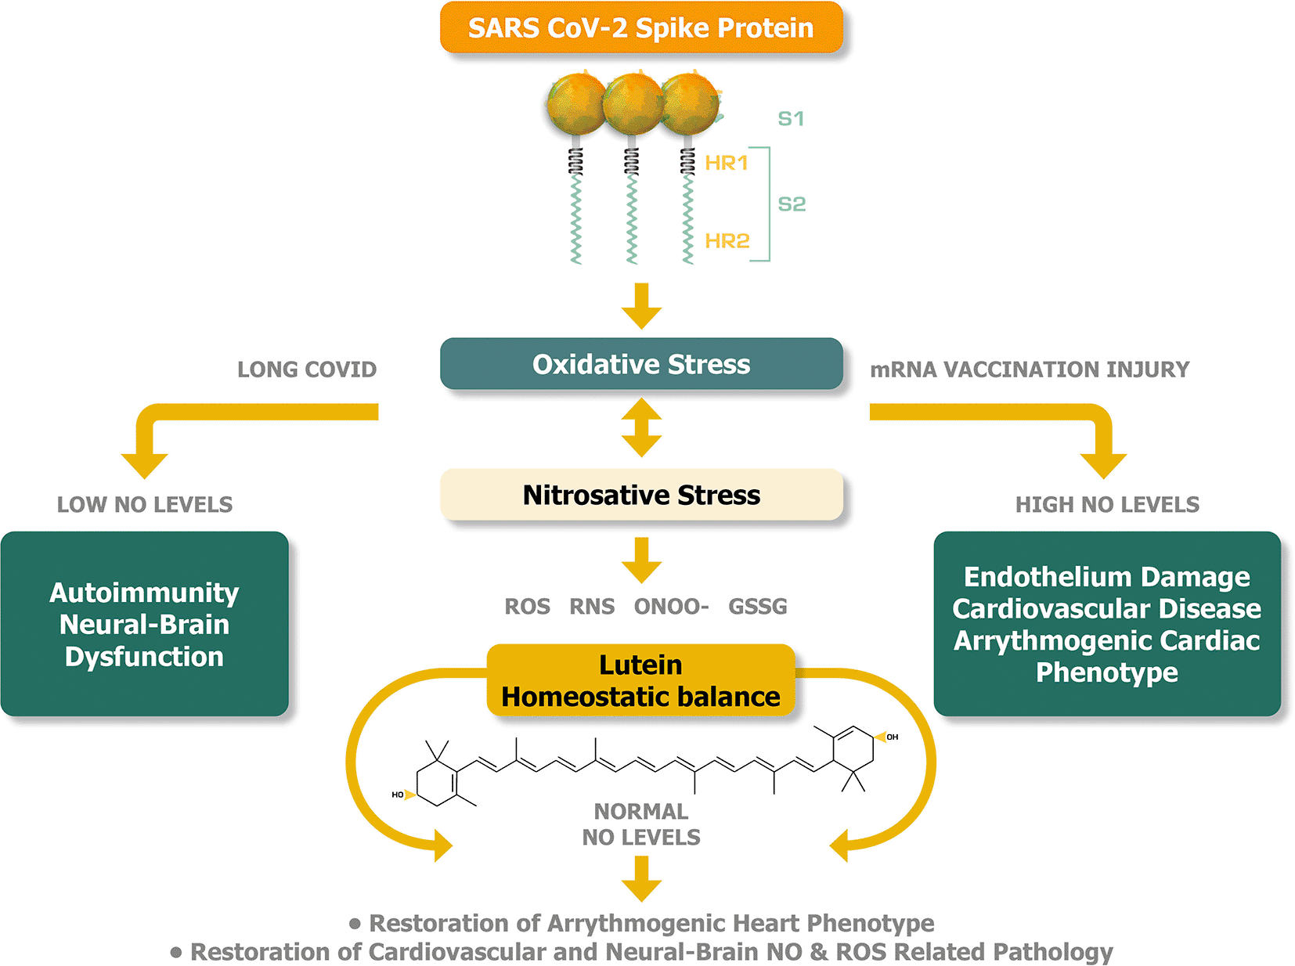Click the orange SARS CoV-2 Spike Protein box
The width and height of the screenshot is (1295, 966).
(x=641, y=28)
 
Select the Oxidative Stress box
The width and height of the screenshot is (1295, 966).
(x=641, y=364)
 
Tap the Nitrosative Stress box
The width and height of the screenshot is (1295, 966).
(x=641, y=495)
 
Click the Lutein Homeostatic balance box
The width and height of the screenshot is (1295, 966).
(x=641, y=680)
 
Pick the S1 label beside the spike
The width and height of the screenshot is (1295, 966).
(x=791, y=119)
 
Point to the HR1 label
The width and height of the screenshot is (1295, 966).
(x=727, y=163)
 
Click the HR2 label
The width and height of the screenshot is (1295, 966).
(x=727, y=240)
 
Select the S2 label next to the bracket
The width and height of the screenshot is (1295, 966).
(x=792, y=204)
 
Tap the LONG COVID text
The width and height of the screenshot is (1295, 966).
(x=307, y=369)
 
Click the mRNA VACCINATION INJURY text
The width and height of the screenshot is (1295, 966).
(x=1030, y=369)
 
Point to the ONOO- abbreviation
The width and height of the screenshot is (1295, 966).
(x=671, y=607)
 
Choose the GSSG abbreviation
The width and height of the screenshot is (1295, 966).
(x=758, y=607)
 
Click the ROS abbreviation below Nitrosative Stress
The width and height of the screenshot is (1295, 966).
(x=527, y=607)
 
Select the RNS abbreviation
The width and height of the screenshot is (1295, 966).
(x=592, y=607)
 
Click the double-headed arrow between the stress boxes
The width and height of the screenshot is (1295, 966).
(x=642, y=427)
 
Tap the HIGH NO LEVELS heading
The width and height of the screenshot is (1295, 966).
(x=1107, y=505)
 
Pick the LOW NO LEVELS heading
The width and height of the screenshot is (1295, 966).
(x=145, y=505)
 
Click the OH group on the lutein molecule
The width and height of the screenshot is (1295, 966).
(x=892, y=737)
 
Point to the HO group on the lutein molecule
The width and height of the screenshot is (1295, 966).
(x=398, y=795)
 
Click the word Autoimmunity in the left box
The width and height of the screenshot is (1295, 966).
(x=144, y=593)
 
